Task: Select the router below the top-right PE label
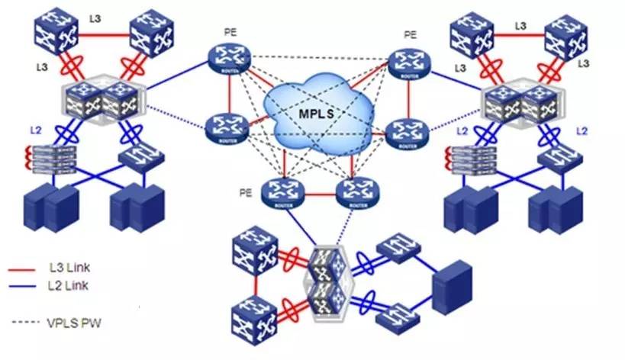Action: coord(410,62)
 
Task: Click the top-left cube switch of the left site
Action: coord(53,32)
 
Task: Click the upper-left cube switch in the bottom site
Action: coord(256,252)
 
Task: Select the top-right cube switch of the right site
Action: coord(566,34)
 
